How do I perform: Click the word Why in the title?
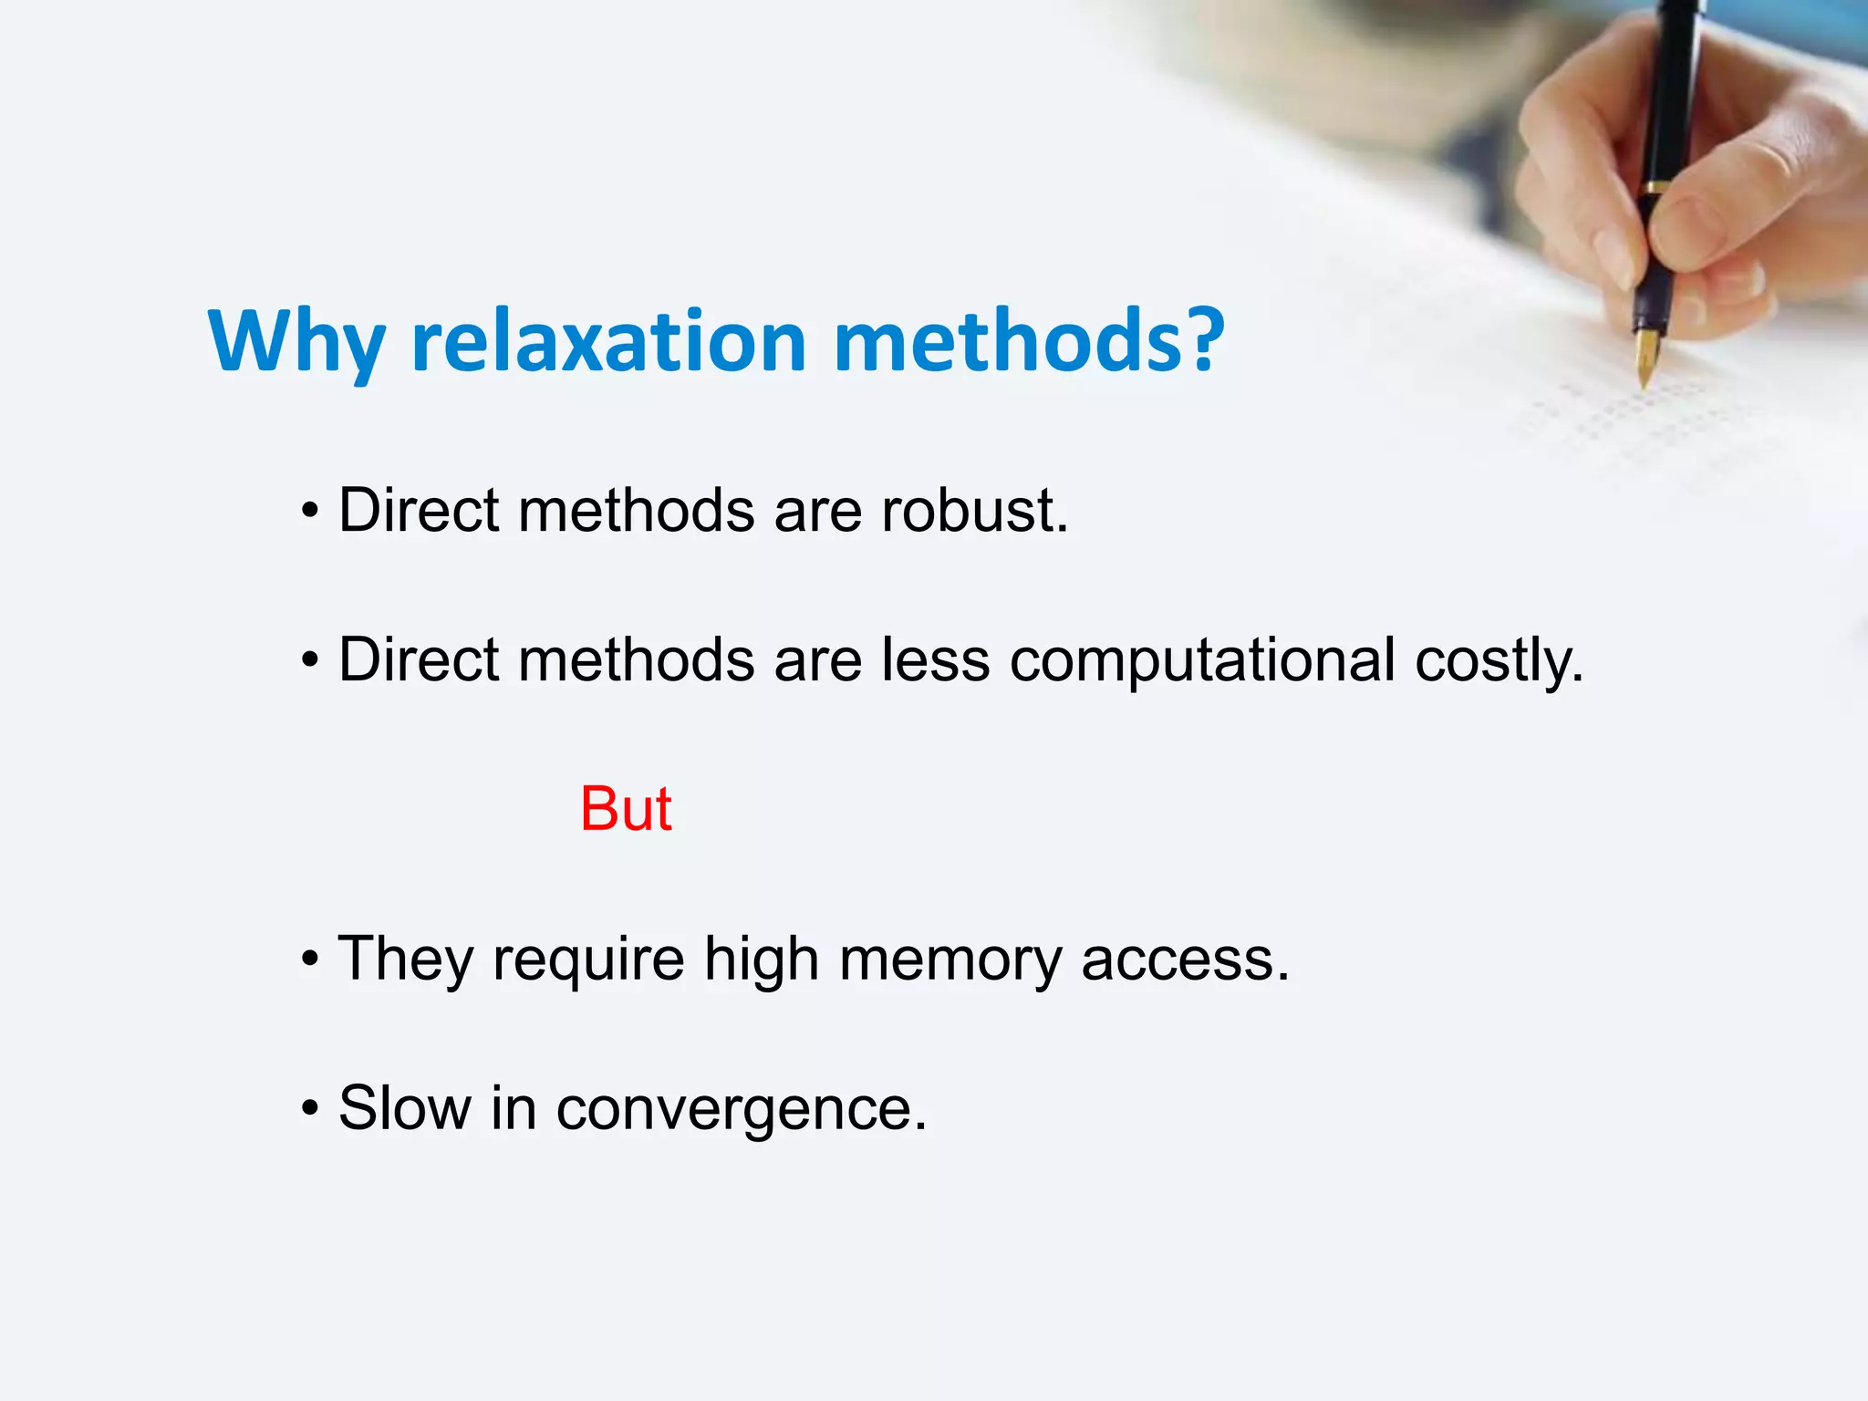pyautogui.click(x=296, y=342)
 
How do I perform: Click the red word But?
pyautogui.click(x=626, y=809)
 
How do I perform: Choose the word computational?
pyautogui.click(x=1202, y=659)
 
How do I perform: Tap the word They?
pyautogui.click(x=406, y=960)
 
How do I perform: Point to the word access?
pyautogui.click(x=1185, y=960)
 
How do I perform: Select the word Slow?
pyautogui.click(x=405, y=1108)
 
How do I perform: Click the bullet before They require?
pyautogui.click(x=311, y=960)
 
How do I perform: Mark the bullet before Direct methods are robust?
pyautogui.click(x=311, y=511)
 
